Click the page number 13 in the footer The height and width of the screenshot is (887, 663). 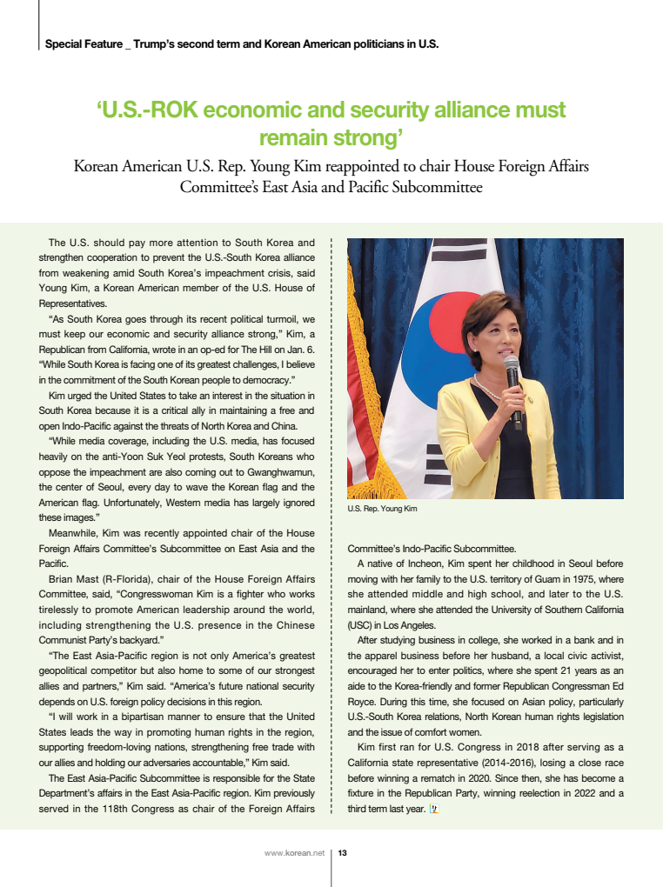click(x=343, y=853)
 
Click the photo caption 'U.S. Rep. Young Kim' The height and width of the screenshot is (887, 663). click(x=382, y=509)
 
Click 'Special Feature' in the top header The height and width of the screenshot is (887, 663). click(x=83, y=43)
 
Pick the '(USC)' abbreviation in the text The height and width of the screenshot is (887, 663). click(x=360, y=624)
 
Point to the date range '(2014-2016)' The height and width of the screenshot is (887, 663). click(x=479, y=762)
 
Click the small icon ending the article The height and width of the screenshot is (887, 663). click(x=435, y=809)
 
